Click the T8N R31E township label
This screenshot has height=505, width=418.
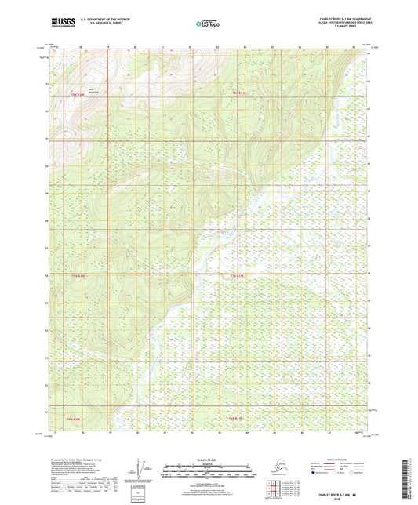tap(238, 93)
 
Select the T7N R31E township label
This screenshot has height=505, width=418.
tap(237, 276)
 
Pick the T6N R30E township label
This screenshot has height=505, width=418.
tap(77, 420)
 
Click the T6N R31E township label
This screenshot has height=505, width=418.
tap(236, 420)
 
